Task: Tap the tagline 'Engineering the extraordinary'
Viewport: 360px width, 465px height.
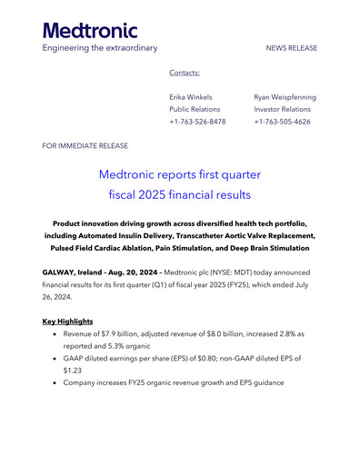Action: [x=100, y=47]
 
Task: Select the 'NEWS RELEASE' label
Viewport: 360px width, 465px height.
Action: [x=291, y=47]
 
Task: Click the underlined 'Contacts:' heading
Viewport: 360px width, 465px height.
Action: [x=185, y=72]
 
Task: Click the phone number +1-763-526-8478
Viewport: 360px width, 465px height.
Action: [x=197, y=121]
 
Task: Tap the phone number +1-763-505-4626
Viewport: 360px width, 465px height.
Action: [x=283, y=121]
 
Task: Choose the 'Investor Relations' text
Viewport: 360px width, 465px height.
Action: [x=283, y=109]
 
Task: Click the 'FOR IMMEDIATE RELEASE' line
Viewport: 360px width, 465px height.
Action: [x=85, y=145]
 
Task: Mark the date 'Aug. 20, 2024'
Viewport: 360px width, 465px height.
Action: [x=139, y=272]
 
